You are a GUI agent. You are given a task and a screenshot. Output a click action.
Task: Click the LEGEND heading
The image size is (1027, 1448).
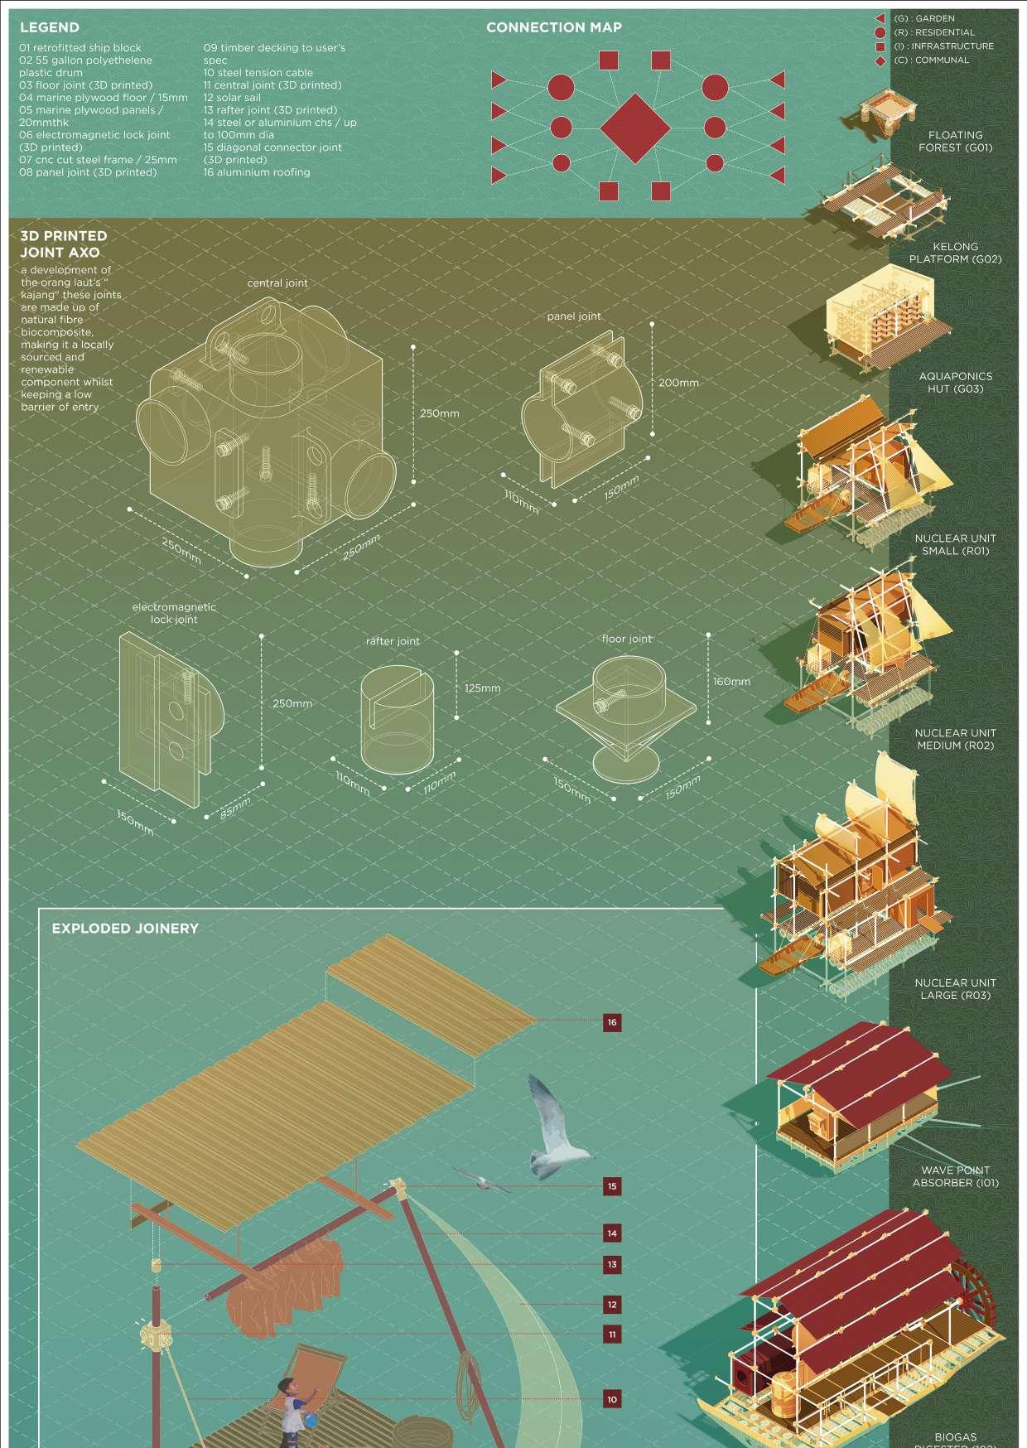point(50,27)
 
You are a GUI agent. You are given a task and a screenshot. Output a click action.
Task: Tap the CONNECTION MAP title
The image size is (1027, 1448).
point(553,27)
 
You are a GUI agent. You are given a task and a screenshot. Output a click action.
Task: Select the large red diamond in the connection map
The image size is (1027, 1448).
point(634,128)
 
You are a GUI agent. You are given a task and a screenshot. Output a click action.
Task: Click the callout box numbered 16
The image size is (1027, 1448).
point(612,1022)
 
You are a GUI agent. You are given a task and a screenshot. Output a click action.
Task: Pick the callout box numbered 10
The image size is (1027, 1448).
point(612,1399)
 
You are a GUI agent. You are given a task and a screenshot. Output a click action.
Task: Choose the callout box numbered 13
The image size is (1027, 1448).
point(612,1265)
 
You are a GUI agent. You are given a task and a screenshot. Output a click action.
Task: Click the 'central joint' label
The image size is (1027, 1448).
point(277,282)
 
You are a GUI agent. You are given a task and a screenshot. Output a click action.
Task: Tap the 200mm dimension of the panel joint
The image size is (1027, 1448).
point(678,383)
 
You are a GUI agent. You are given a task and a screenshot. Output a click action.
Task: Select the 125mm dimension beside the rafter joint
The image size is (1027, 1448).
point(482,688)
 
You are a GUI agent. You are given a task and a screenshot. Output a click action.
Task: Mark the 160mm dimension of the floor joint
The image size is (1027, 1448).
point(731,681)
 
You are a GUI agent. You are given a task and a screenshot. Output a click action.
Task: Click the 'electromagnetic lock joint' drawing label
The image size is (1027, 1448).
point(174,613)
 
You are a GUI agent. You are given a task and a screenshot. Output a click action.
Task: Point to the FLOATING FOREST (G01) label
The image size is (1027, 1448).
point(955,141)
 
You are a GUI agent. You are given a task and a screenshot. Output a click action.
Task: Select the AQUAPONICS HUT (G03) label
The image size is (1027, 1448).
point(955,382)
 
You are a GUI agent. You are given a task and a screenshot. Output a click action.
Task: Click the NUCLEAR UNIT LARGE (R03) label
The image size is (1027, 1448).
point(955,988)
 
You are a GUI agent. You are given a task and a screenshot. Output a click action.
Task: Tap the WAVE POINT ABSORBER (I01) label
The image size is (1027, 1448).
point(955,1176)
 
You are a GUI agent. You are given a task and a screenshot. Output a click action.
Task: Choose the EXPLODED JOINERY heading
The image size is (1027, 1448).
point(125,929)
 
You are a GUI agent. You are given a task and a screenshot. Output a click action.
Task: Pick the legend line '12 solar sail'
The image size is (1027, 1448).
point(232,97)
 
